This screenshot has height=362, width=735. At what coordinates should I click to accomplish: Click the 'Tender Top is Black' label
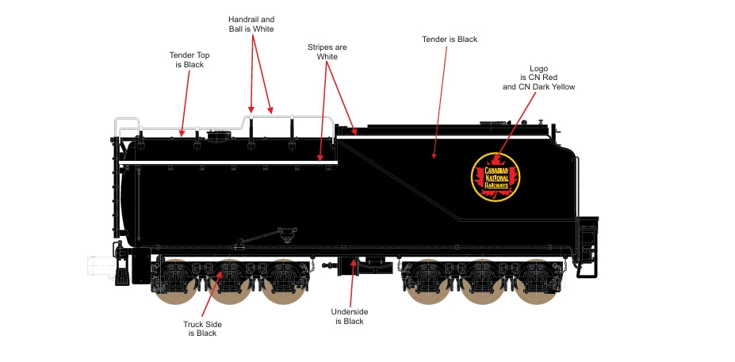click(x=189, y=59)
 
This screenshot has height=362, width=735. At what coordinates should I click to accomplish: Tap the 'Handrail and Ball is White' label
click(x=251, y=23)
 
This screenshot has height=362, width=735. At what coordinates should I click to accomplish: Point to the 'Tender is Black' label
click(x=450, y=39)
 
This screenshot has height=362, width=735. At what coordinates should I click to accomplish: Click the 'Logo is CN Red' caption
click(x=538, y=78)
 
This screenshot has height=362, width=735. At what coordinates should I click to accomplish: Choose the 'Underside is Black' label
click(x=349, y=317)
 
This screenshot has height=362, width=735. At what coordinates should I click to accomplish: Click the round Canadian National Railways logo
click(x=496, y=176)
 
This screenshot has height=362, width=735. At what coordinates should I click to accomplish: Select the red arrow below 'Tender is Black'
click(x=440, y=103)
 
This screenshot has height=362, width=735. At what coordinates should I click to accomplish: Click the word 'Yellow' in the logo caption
click(x=560, y=87)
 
